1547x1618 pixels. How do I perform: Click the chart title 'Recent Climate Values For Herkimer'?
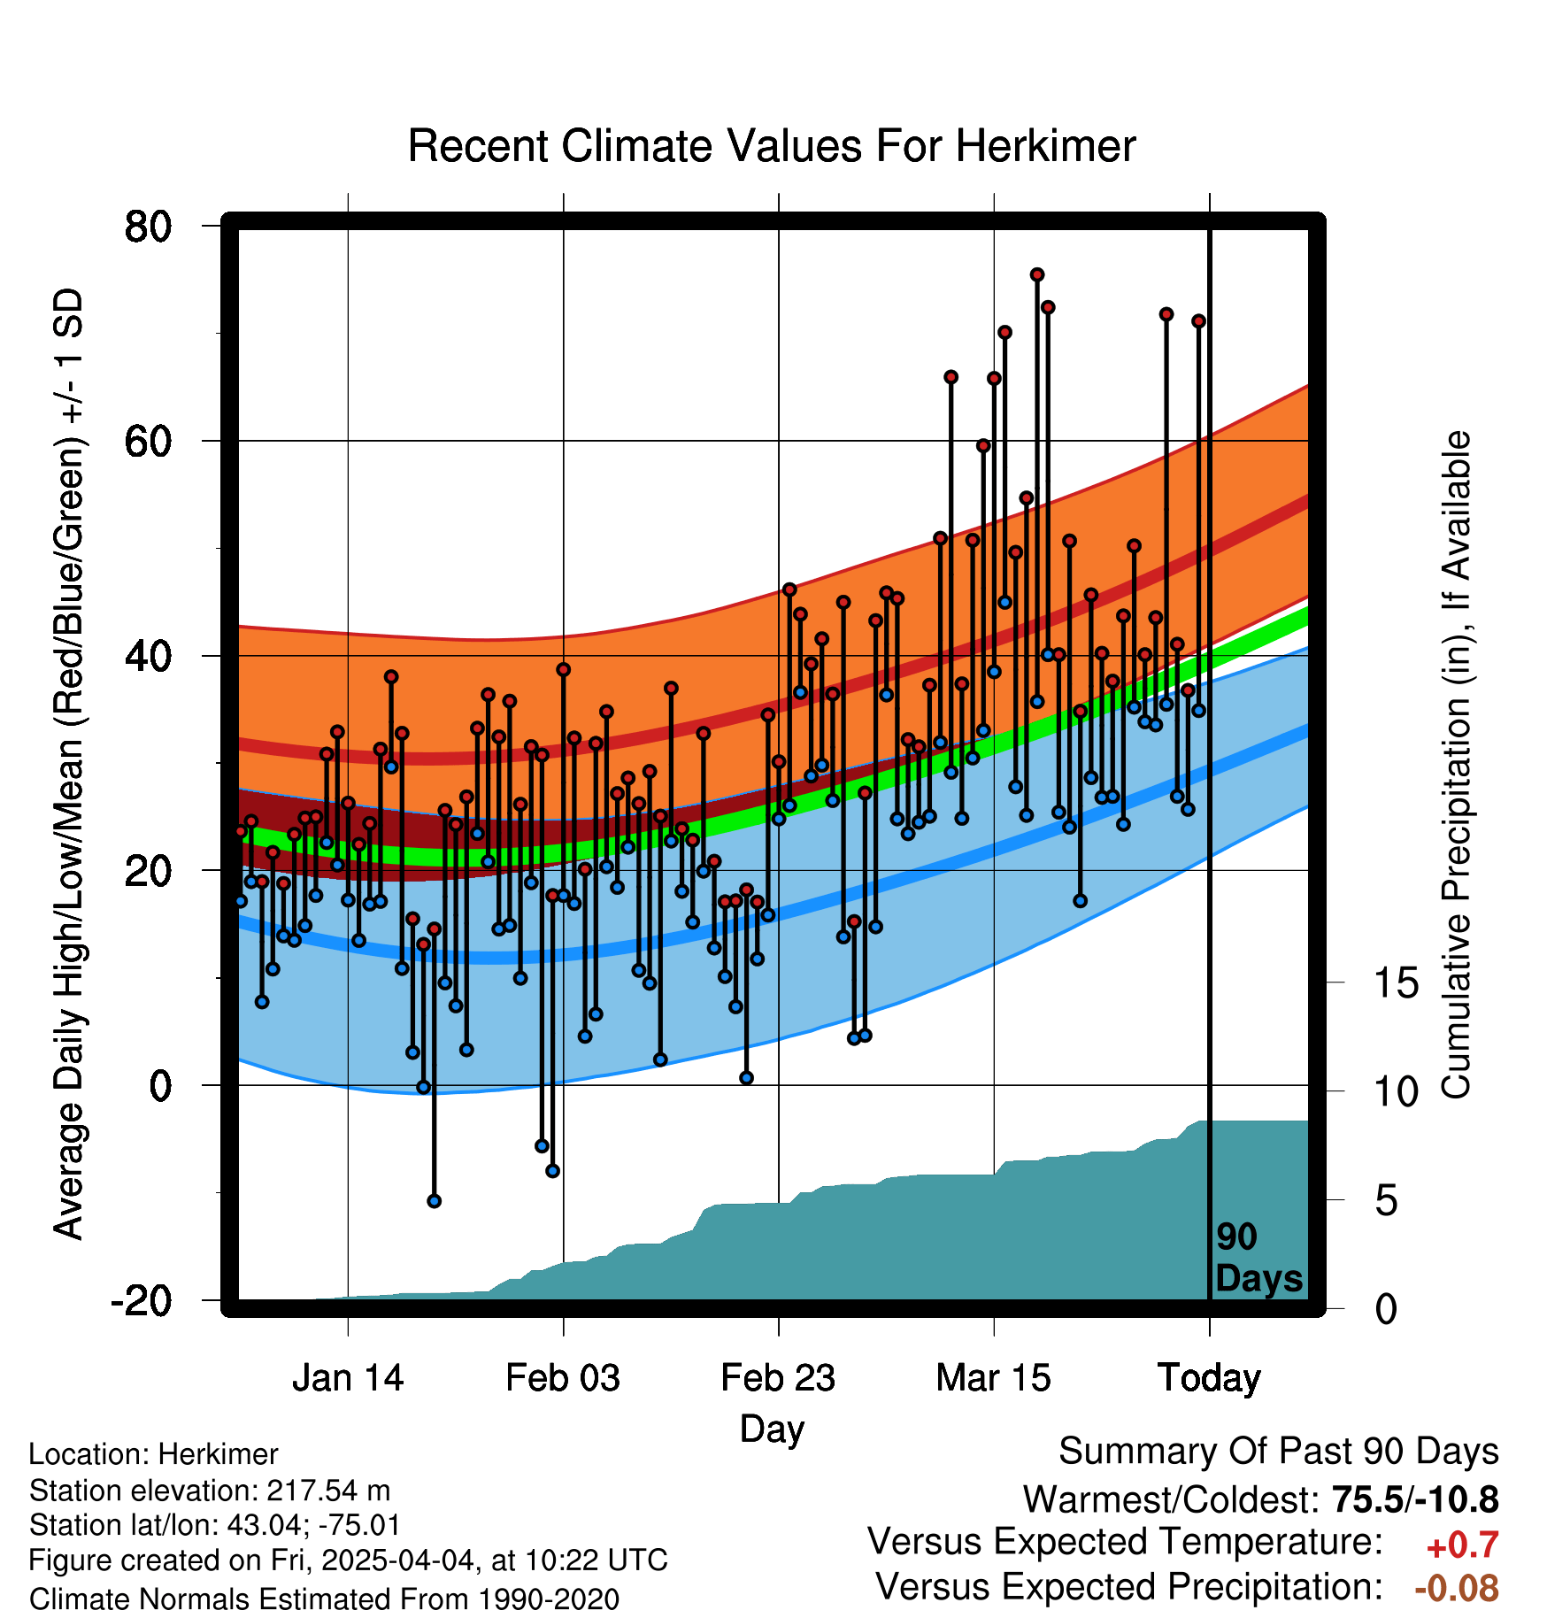click(x=771, y=146)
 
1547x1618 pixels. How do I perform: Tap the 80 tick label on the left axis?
click(x=148, y=227)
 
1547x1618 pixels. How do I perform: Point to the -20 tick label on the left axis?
click(x=141, y=1301)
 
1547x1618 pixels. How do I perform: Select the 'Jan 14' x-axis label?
click(x=348, y=1378)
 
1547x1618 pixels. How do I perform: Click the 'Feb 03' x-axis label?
click(x=563, y=1378)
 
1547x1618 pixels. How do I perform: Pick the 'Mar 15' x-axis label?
click(x=993, y=1378)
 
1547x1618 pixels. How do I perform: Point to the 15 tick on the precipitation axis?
click(x=1396, y=983)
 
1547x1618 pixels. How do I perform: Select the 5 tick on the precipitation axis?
click(x=1386, y=1201)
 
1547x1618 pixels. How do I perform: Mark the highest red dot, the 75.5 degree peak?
click(x=1036, y=275)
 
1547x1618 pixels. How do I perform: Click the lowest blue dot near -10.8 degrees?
click(x=434, y=1201)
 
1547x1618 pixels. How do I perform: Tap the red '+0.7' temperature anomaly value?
click(x=1462, y=1545)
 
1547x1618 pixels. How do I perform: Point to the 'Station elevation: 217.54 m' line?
click(x=210, y=1491)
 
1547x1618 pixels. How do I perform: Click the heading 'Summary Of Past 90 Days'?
click(x=1279, y=1452)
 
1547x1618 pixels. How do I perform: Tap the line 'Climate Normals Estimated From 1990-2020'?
click(x=324, y=1599)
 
